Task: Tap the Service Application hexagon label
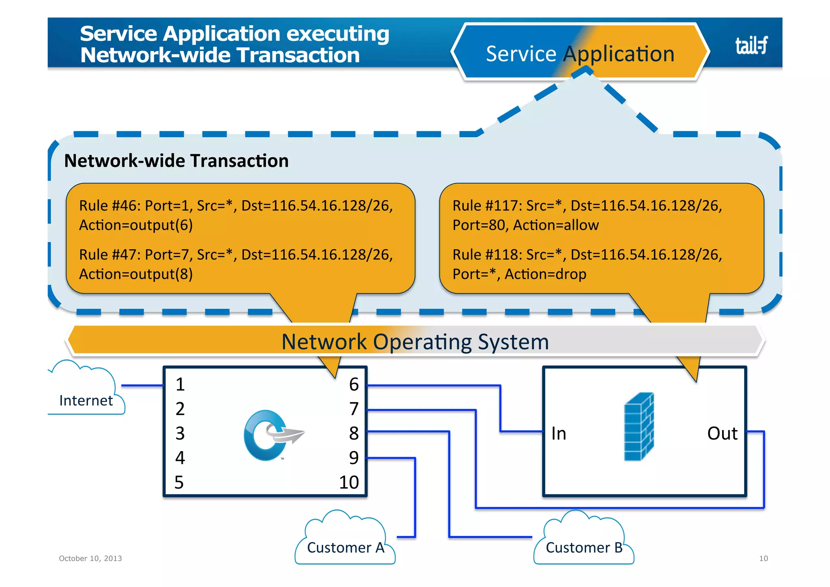point(580,54)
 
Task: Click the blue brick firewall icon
point(639,426)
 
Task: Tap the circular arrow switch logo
point(272,435)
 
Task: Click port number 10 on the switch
point(349,482)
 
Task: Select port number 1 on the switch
point(180,384)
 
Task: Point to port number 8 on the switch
point(354,433)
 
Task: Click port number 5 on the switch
point(179,482)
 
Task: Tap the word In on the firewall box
point(558,433)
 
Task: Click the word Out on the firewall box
point(722,433)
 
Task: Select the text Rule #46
point(109,206)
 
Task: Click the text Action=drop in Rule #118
point(545,274)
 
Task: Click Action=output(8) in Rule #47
point(136,274)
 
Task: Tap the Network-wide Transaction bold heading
point(176,161)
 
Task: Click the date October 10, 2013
point(90,558)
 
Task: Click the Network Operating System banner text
point(415,342)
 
